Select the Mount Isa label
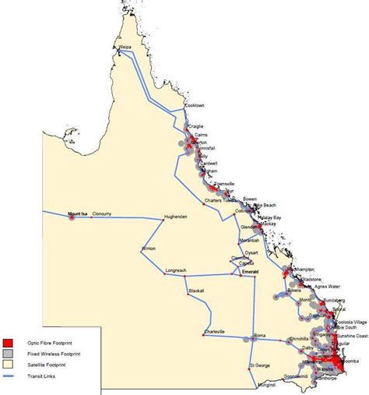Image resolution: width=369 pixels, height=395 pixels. (x=78, y=213)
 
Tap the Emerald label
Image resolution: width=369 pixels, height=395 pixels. (x=249, y=273)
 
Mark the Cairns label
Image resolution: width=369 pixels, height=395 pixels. (x=204, y=134)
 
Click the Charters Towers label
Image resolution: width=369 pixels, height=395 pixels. (x=220, y=200)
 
